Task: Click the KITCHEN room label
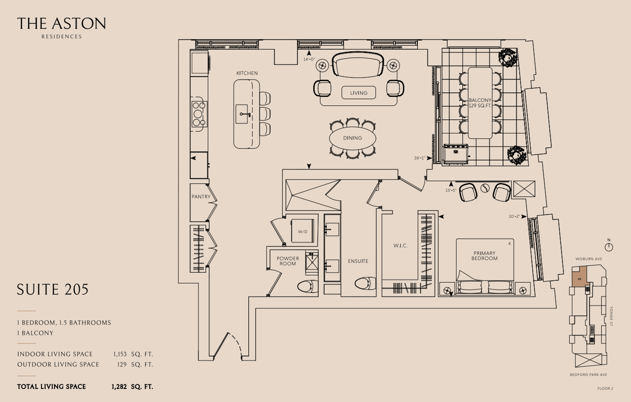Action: coord(247,73)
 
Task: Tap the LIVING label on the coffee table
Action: coord(359,93)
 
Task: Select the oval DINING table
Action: coord(352,138)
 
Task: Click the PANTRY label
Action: coord(201,197)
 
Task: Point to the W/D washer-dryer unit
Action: coord(303,230)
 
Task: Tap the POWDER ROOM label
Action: coord(287,261)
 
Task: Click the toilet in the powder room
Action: coord(307,286)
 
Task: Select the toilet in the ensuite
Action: coord(365,283)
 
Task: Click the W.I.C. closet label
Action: coord(400,246)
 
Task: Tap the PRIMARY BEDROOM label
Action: coord(484,255)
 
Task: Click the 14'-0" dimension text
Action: coord(309,59)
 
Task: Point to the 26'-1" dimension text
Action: coord(419,158)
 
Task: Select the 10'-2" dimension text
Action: coord(514,217)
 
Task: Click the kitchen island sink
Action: coord(242,114)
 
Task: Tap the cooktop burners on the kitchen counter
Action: coord(200,114)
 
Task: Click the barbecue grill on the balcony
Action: coord(456,154)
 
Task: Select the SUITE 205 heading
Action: coord(53,289)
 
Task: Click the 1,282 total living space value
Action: coord(119,387)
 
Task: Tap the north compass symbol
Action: coord(609,247)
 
